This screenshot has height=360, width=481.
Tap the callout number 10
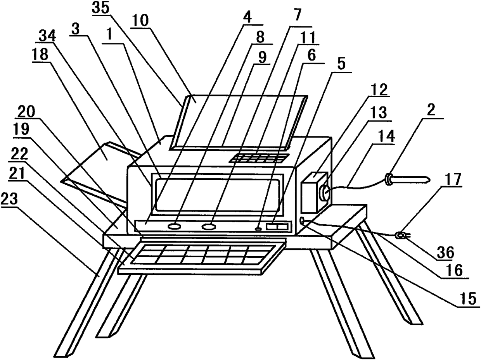(140, 20)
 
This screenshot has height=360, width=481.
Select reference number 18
(41, 55)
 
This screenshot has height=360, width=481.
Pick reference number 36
(444, 252)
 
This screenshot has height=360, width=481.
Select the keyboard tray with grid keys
(198, 255)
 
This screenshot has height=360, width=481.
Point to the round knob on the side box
(324, 192)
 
